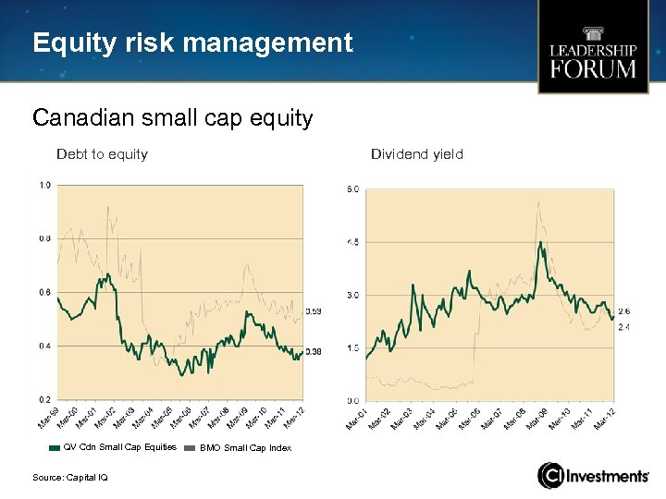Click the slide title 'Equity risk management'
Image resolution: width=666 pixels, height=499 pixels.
tap(192, 43)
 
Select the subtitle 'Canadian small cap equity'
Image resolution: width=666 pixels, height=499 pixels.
tap(172, 118)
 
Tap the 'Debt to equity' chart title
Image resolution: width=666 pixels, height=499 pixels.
tap(102, 154)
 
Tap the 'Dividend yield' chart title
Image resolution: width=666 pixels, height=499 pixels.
tap(416, 154)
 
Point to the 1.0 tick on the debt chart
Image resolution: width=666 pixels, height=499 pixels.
tap(44, 186)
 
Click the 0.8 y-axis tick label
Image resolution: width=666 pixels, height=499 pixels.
tap(44, 238)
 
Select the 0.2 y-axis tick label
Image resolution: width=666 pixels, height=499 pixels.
tap(44, 399)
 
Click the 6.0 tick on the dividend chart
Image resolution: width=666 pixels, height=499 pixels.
tap(352, 189)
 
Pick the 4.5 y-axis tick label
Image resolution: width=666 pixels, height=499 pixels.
tap(352, 242)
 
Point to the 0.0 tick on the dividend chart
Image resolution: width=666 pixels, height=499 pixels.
tap(352, 401)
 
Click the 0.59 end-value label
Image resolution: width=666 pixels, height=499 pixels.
tap(314, 311)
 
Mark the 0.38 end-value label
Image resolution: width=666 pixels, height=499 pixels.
tap(314, 352)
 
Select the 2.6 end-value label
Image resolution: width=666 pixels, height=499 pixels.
tap(623, 312)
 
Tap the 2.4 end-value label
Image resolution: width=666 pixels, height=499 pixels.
tap(623, 328)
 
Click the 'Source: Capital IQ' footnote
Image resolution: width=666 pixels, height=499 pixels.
tap(70, 477)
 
